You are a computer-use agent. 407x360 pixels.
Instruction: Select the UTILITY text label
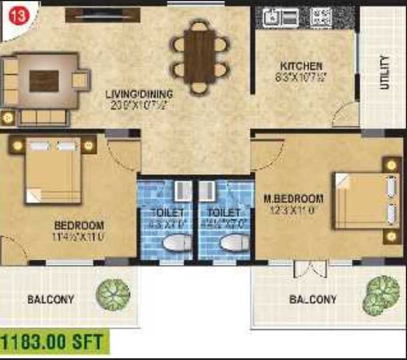point(384,73)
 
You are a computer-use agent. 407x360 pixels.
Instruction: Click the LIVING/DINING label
point(139,94)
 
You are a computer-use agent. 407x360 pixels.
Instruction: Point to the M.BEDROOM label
point(294,199)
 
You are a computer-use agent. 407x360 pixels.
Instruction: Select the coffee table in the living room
point(44,80)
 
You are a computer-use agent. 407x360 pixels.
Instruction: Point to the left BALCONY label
point(50,299)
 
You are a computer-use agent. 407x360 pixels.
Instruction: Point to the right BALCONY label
point(313,299)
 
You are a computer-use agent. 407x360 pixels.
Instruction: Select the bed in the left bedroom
point(53,170)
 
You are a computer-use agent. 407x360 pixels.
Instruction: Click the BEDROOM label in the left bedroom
point(79,226)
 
